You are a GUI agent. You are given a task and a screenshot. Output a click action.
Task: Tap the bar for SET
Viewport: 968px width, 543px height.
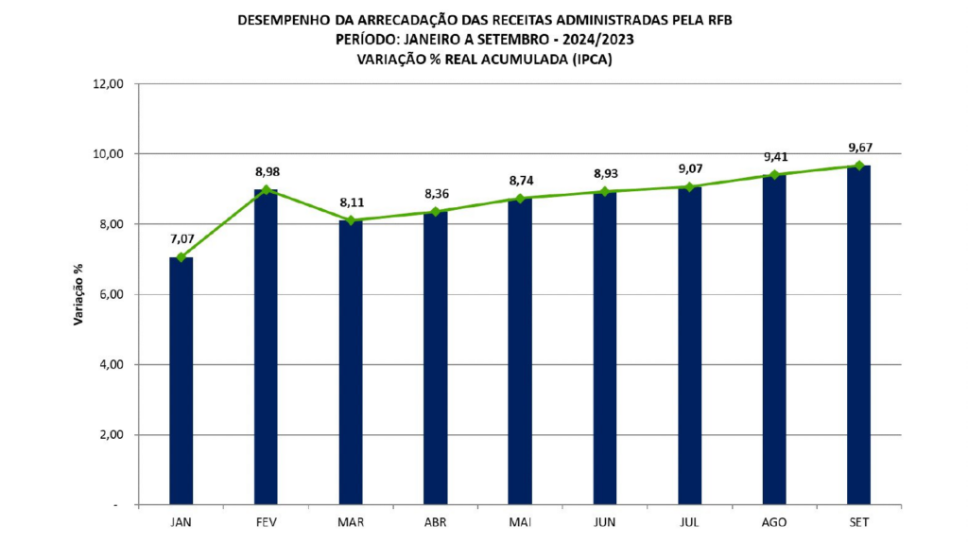[858, 335]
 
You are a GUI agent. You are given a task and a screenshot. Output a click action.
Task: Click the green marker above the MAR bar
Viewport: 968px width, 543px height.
[351, 220]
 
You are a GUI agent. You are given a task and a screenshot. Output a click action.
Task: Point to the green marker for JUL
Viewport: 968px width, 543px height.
[689, 187]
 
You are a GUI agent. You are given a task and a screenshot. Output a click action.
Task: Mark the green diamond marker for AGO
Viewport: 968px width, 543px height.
[774, 175]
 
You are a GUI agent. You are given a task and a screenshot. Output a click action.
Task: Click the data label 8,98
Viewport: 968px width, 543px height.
[268, 172]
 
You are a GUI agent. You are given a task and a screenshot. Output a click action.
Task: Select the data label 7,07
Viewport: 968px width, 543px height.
[181, 238]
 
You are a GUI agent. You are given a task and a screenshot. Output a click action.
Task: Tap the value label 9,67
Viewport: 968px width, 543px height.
[861, 147]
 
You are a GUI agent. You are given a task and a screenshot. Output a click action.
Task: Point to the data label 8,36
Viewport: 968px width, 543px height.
[436, 194]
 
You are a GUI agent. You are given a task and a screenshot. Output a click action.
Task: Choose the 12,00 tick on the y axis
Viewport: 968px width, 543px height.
[110, 83]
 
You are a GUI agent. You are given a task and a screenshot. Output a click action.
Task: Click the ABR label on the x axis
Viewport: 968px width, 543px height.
[435, 521]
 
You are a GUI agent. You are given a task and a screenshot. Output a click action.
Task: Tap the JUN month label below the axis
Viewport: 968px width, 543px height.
[604, 521]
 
